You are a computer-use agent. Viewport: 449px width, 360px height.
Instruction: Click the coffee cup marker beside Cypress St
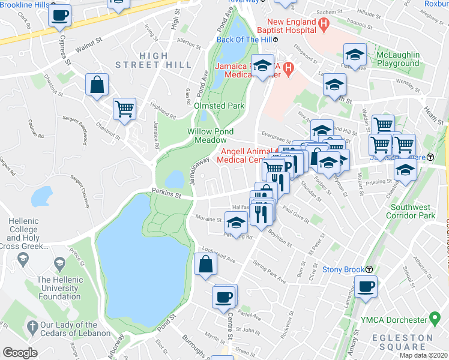tap(59, 16)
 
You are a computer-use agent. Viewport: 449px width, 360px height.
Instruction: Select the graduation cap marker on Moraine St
tap(236, 223)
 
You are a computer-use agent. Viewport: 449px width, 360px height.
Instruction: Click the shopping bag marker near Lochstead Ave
tap(205, 265)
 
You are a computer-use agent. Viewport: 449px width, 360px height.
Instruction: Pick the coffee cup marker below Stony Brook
tap(365, 287)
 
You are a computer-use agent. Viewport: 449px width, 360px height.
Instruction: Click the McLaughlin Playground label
tap(397, 59)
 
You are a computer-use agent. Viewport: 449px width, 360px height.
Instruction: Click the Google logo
tap(20, 353)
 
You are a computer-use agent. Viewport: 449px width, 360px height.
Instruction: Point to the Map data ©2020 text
tap(423, 355)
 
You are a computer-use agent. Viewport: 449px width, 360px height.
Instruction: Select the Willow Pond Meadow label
tap(210, 136)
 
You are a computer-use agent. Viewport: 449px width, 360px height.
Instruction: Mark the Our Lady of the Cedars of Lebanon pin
tap(32, 326)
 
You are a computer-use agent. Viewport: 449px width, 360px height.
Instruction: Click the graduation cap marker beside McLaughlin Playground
tap(355, 55)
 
